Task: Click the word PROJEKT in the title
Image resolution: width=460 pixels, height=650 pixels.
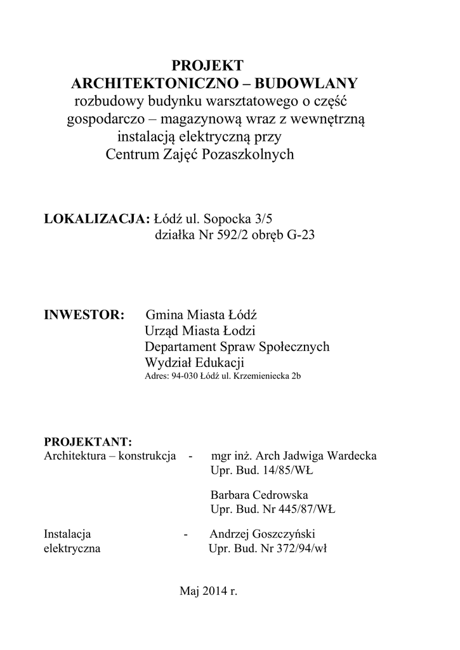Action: point(208,65)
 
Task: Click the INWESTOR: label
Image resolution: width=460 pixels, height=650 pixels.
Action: point(83,315)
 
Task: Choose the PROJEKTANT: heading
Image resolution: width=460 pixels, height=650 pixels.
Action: point(88,442)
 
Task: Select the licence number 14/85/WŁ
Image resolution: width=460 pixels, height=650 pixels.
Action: point(287,472)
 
